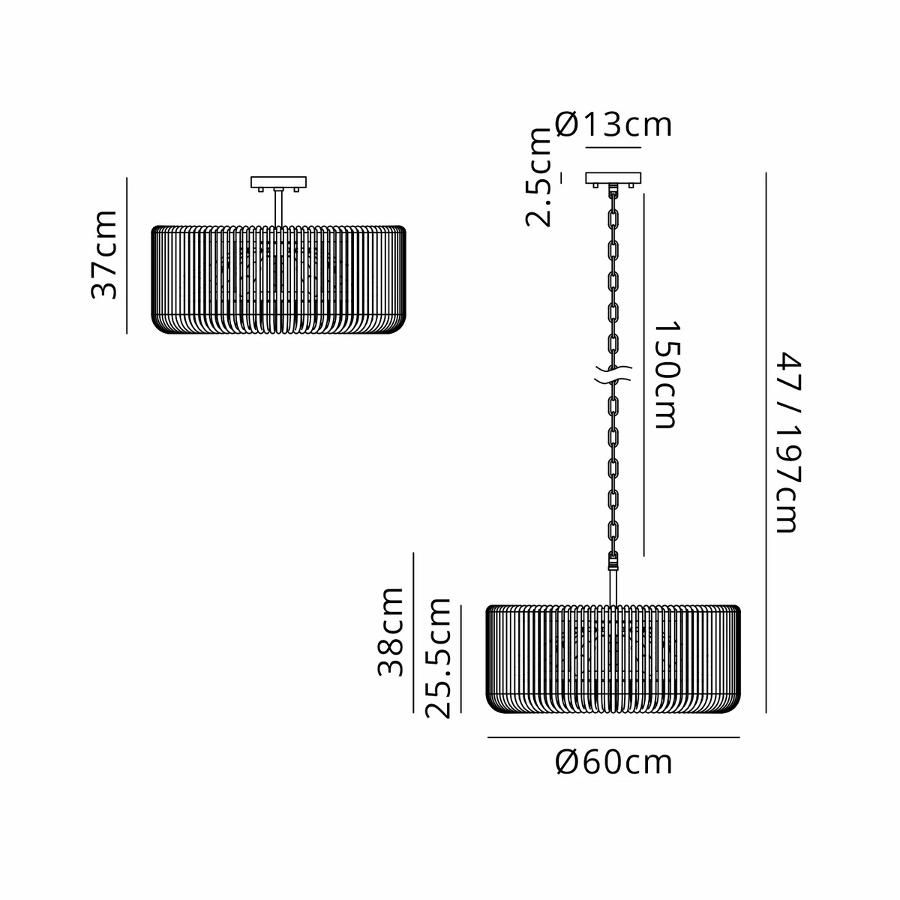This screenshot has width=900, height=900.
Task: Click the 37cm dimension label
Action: coord(103,254)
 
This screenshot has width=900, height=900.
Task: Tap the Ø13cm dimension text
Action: coord(613,124)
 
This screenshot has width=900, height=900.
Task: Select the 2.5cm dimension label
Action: coord(538,177)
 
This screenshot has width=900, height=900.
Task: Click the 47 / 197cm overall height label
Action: coord(789,442)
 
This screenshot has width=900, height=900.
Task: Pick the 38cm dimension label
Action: coord(390,632)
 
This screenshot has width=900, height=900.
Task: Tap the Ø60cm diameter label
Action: coord(613,763)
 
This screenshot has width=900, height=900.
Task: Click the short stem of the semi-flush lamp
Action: coord(278,208)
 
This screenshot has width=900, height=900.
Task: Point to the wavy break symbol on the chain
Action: coord(613,374)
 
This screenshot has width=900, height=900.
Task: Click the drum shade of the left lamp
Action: coord(279,279)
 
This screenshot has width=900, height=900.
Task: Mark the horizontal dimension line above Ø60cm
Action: coord(613,737)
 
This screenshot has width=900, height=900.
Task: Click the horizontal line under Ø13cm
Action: coord(613,148)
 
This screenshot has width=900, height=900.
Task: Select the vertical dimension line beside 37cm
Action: coord(127,256)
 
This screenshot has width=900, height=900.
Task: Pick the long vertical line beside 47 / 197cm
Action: coord(766,442)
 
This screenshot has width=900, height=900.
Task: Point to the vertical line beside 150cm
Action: coord(644,374)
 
